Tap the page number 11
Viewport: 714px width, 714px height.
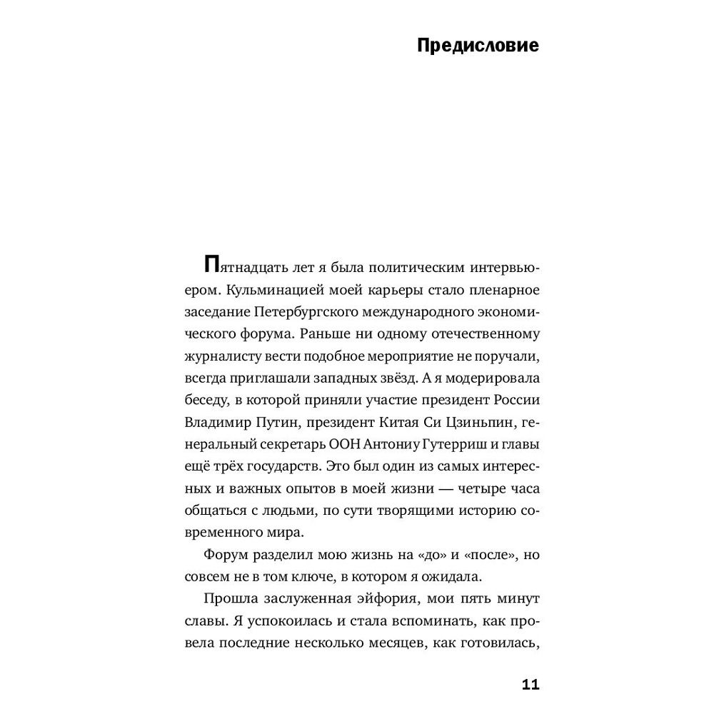point(530,685)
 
